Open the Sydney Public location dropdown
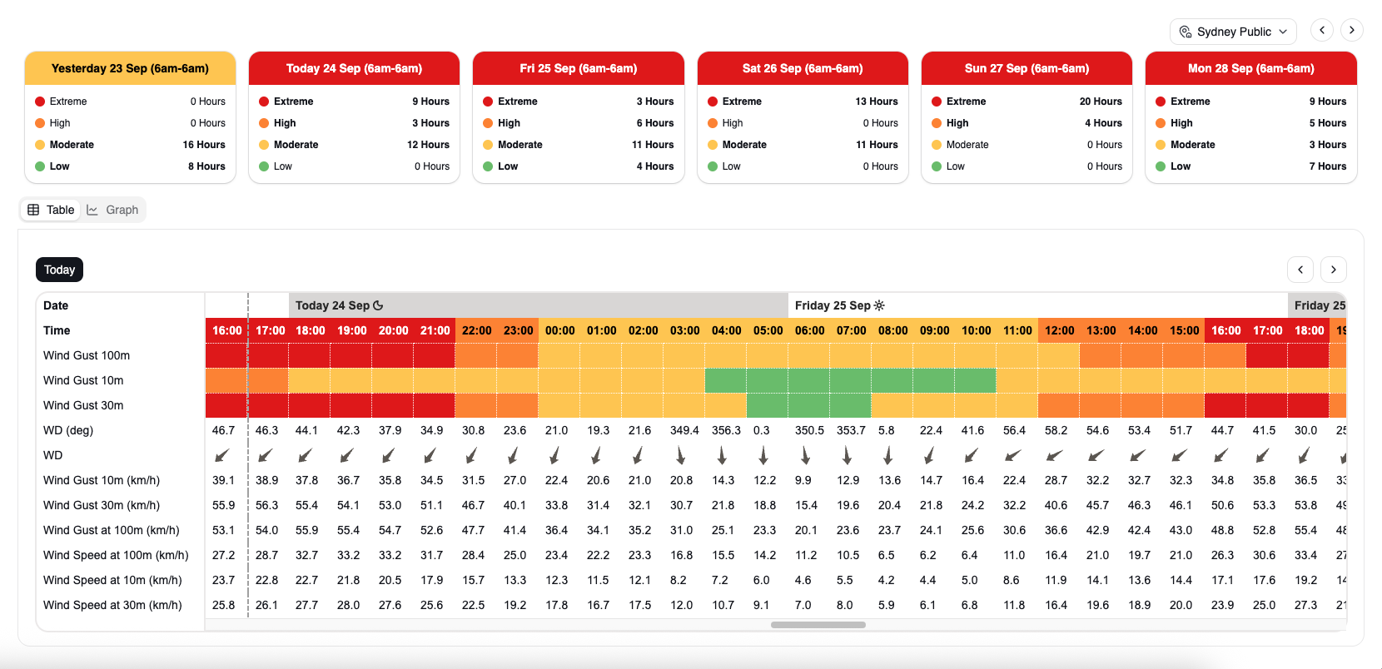point(1233,32)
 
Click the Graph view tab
point(113,210)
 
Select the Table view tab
point(51,210)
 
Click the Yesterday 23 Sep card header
point(130,68)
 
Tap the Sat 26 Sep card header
point(803,68)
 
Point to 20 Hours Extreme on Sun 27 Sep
point(1100,102)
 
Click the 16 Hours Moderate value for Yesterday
point(204,144)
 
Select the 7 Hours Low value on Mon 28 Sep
point(1328,166)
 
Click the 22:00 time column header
point(476,330)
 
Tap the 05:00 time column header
point(768,330)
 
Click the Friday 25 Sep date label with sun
point(840,305)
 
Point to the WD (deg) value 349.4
point(684,430)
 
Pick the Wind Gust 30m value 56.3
point(266,505)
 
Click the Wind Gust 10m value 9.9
point(803,480)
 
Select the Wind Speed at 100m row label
point(116,555)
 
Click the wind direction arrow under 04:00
point(722,456)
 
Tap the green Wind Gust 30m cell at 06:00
point(809,405)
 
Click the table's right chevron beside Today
point(1333,270)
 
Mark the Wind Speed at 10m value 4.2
point(886,580)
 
